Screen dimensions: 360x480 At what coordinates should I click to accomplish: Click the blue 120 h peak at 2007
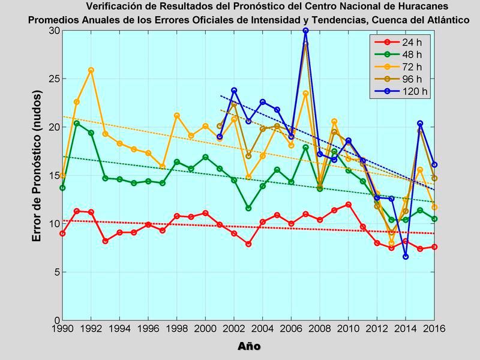(305, 31)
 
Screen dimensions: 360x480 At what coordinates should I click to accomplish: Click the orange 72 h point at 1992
(91, 70)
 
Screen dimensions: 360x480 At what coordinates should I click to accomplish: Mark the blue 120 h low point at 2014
(406, 256)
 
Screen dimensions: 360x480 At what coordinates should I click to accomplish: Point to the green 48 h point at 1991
(77, 123)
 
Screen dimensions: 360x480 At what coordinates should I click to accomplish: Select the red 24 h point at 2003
(248, 244)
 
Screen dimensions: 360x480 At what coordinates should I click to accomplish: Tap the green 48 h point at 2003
(248, 208)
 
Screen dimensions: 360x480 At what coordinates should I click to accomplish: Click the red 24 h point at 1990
(62, 233)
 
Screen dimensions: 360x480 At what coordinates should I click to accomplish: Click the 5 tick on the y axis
(56, 272)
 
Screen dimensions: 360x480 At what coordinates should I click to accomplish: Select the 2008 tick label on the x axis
(320, 330)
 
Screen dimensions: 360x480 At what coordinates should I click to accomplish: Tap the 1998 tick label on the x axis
(176, 330)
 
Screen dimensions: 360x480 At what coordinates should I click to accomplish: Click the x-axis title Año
(248, 347)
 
